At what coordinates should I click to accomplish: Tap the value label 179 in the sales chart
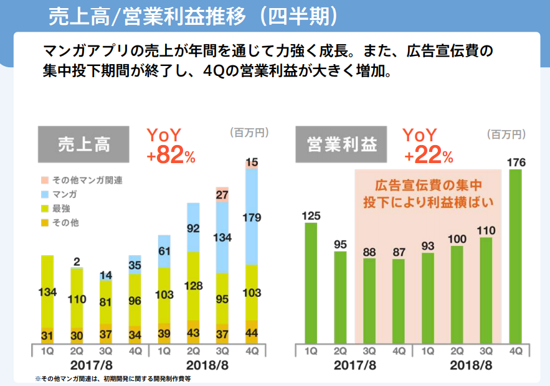(252, 217)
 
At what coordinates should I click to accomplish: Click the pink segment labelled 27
(222, 194)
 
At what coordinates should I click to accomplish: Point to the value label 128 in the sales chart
(193, 286)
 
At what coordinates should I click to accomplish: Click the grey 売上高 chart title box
(83, 144)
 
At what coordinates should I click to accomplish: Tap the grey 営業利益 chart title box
(342, 144)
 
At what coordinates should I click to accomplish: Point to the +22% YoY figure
(428, 156)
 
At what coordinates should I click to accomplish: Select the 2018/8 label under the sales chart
(208, 364)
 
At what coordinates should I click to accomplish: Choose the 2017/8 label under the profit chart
(355, 364)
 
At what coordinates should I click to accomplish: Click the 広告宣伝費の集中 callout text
(429, 186)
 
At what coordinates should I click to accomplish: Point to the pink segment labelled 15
(252, 163)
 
